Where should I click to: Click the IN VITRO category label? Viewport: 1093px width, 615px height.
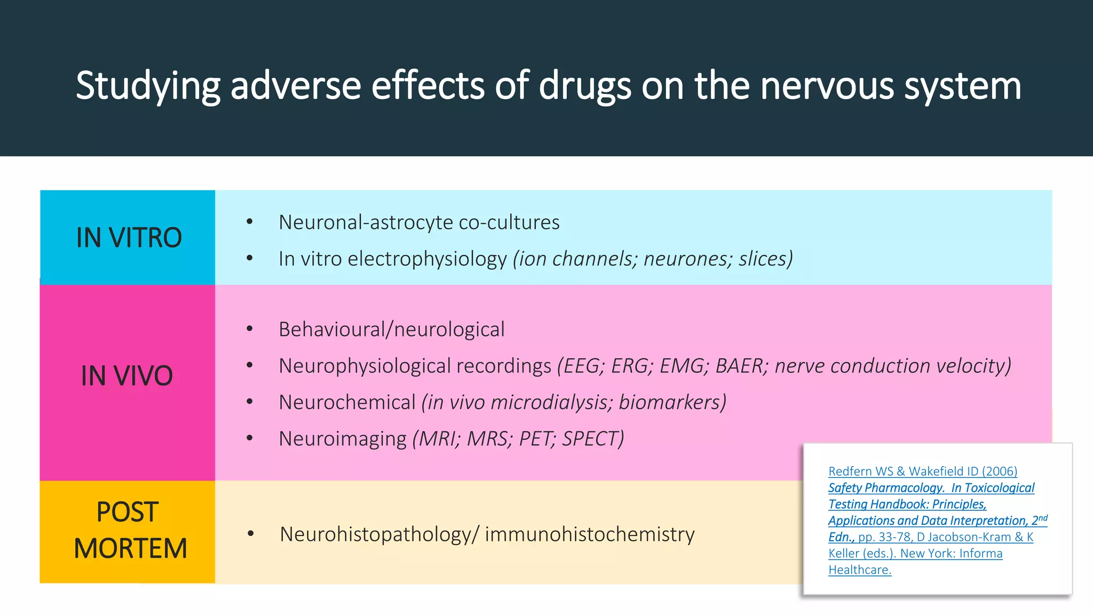(129, 238)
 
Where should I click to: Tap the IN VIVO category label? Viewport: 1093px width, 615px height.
(127, 375)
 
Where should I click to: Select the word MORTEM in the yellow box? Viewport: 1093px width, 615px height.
(130, 548)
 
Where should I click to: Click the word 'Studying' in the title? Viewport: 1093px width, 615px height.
(148, 85)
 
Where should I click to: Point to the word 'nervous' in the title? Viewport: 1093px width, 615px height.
(826, 85)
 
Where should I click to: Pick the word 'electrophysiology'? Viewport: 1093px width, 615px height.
(427, 259)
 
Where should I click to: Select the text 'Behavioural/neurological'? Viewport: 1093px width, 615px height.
(391, 329)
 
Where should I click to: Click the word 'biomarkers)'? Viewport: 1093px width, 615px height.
(672, 403)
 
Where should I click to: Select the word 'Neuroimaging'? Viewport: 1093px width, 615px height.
(342, 439)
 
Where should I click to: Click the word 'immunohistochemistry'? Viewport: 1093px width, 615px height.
(590, 534)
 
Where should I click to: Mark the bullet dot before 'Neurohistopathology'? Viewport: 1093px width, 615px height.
(250, 533)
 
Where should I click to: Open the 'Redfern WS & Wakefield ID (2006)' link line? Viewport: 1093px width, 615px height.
(923, 471)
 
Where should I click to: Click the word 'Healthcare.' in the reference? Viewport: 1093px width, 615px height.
(860, 570)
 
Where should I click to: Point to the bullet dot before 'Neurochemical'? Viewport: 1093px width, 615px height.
(249, 401)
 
